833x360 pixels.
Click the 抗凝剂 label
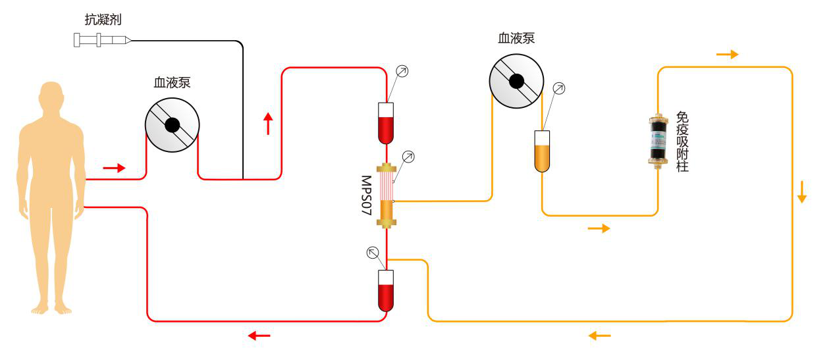point(103,20)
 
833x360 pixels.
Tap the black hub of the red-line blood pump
point(172,125)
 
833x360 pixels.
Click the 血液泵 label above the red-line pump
point(172,83)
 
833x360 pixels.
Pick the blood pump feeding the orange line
point(516,81)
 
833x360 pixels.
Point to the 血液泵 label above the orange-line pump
point(516,38)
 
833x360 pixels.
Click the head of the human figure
point(51,98)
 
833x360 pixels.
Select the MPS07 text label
point(367,195)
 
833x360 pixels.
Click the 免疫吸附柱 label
point(682,142)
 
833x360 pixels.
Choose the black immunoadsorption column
point(657,140)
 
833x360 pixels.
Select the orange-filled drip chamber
point(541,151)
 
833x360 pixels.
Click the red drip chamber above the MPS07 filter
point(386,123)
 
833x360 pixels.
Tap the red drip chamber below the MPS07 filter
point(386,290)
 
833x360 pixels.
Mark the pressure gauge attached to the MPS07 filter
point(408,157)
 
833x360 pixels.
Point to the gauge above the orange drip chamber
point(559,88)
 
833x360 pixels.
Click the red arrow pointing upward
point(267,123)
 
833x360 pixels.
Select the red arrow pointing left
point(259,336)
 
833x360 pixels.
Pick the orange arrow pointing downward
point(801,191)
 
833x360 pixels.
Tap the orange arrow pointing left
point(599,336)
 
